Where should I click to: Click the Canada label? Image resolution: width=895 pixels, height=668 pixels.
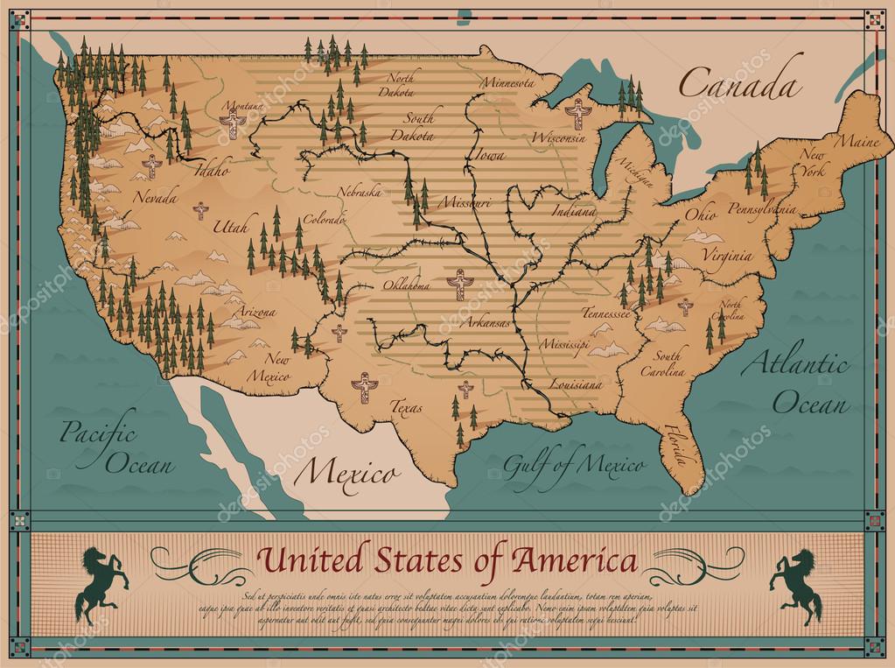(x=740, y=86)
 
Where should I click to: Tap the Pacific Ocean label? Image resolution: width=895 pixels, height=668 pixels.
(x=98, y=447)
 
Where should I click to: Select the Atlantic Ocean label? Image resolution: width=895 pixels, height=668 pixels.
(x=796, y=383)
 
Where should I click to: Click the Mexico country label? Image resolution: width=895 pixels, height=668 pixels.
(x=344, y=475)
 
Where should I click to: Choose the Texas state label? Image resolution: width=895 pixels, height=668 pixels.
(x=406, y=407)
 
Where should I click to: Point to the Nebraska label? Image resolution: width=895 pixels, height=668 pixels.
(x=360, y=190)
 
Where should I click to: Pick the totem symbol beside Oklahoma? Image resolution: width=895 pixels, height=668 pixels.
(x=457, y=285)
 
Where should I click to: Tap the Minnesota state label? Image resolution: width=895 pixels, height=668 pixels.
(x=506, y=82)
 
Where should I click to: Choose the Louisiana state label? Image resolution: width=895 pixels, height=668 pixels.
(x=575, y=384)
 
